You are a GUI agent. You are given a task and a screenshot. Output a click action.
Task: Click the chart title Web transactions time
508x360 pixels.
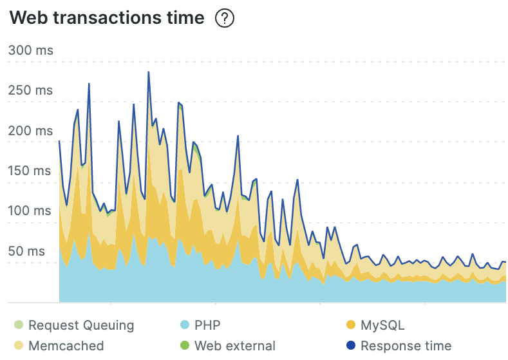[107, 19]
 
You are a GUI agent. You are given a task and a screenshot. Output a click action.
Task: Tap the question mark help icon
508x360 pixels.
[225, 19]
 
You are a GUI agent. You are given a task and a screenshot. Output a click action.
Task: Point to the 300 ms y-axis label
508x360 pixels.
[31, 50]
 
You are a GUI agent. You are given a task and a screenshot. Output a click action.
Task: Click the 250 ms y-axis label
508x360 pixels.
[31, 90]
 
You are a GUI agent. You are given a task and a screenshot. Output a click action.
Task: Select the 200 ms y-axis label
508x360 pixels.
[31, 131]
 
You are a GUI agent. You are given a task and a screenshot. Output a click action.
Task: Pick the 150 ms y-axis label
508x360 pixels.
[31, 171]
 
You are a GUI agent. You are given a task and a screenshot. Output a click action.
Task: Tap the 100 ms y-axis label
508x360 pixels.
[31, 211]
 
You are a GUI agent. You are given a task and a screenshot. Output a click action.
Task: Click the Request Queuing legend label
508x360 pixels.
[81, 325]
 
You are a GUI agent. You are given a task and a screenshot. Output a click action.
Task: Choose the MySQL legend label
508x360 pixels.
[382, 325]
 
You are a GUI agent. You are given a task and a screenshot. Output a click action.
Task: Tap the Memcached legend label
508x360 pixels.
[66, 346]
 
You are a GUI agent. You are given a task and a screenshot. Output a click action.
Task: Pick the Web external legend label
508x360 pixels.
[235, 346]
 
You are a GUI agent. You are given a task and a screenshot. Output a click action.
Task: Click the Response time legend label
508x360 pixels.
[406, 346]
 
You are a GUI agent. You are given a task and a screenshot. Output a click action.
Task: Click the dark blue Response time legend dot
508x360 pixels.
[350, 346]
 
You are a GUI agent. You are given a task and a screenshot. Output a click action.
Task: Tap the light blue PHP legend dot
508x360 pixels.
[184, 325]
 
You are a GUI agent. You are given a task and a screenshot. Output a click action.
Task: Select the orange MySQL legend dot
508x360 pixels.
[350, 325]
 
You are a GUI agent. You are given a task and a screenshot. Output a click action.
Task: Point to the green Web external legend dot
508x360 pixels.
[184, 346]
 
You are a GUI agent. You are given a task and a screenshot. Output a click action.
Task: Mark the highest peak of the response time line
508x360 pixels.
[149, 72]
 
